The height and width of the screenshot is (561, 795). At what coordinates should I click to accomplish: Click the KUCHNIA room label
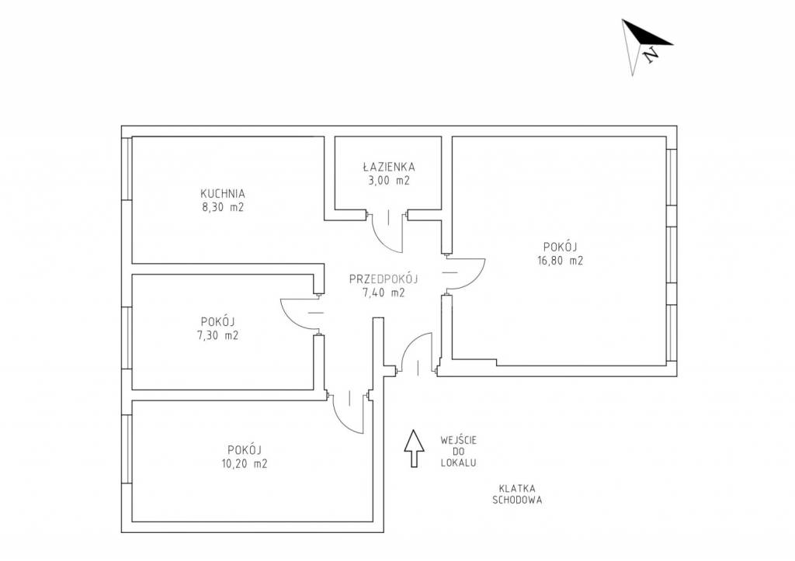(x=223, y=193)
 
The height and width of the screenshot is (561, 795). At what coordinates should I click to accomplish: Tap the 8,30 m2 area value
(x=223, y=206)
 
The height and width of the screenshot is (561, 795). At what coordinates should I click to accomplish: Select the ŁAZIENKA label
(x=389, y=166)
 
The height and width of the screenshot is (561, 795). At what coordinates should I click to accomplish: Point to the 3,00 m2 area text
(x=389, y=180)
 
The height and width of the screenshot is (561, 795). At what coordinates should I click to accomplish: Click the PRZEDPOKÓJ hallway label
(x=384, y=279)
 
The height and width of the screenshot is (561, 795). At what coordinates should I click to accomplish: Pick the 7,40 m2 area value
(x=384, y=293)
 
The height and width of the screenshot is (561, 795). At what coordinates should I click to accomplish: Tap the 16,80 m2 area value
(x=561, y=261)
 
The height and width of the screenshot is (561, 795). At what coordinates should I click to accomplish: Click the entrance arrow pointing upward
(x=415, y=448)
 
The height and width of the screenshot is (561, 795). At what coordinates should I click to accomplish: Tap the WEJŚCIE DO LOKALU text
(x=458, y=452)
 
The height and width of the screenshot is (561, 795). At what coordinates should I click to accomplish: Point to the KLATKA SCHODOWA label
(x=517, y=494)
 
